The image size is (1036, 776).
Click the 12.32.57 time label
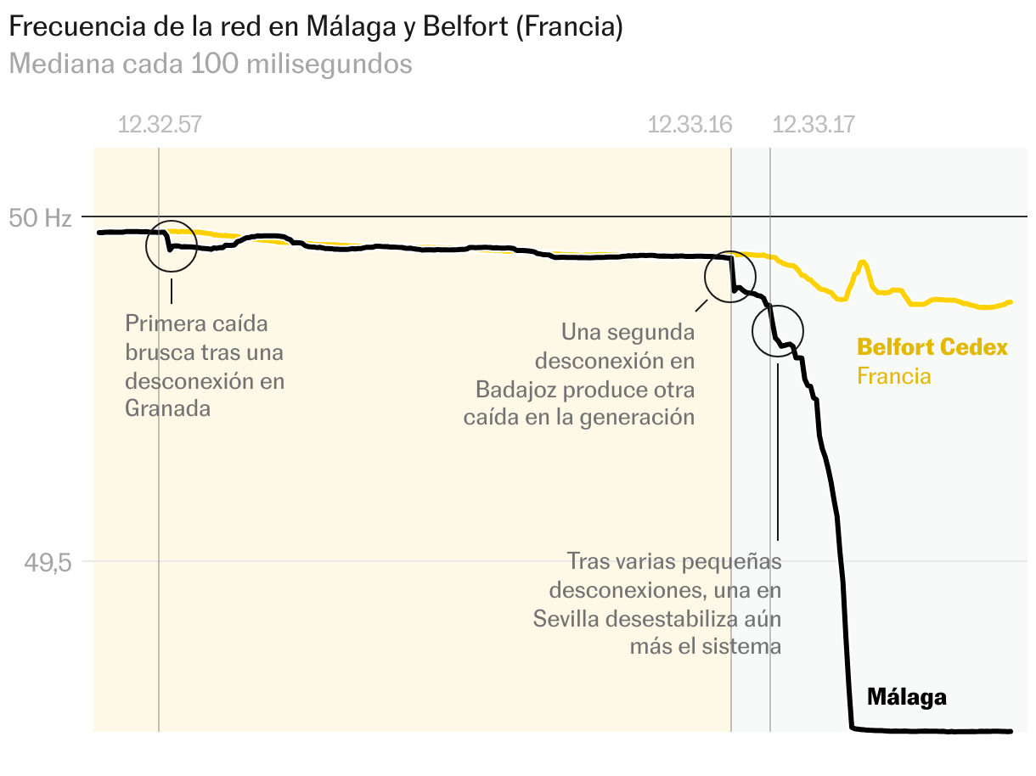click(x=159, y=125)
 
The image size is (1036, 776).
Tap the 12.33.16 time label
click(x=690, y=125)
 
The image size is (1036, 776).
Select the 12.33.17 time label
click(x=814, y=125)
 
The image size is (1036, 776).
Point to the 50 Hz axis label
click(x=40, y=218)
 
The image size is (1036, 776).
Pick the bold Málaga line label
click(x=906, y=698)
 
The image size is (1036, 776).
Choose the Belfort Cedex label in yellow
click(x=932, y=347)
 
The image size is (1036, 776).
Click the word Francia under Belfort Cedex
click(x=893, y=375)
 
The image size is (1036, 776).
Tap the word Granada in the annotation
click(x=167, y=408)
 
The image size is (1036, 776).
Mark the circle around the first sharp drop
click(x=172, y=246)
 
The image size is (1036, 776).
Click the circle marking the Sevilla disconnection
click(x=777, y=330)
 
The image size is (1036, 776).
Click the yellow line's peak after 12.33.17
click(x=863, y=263)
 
